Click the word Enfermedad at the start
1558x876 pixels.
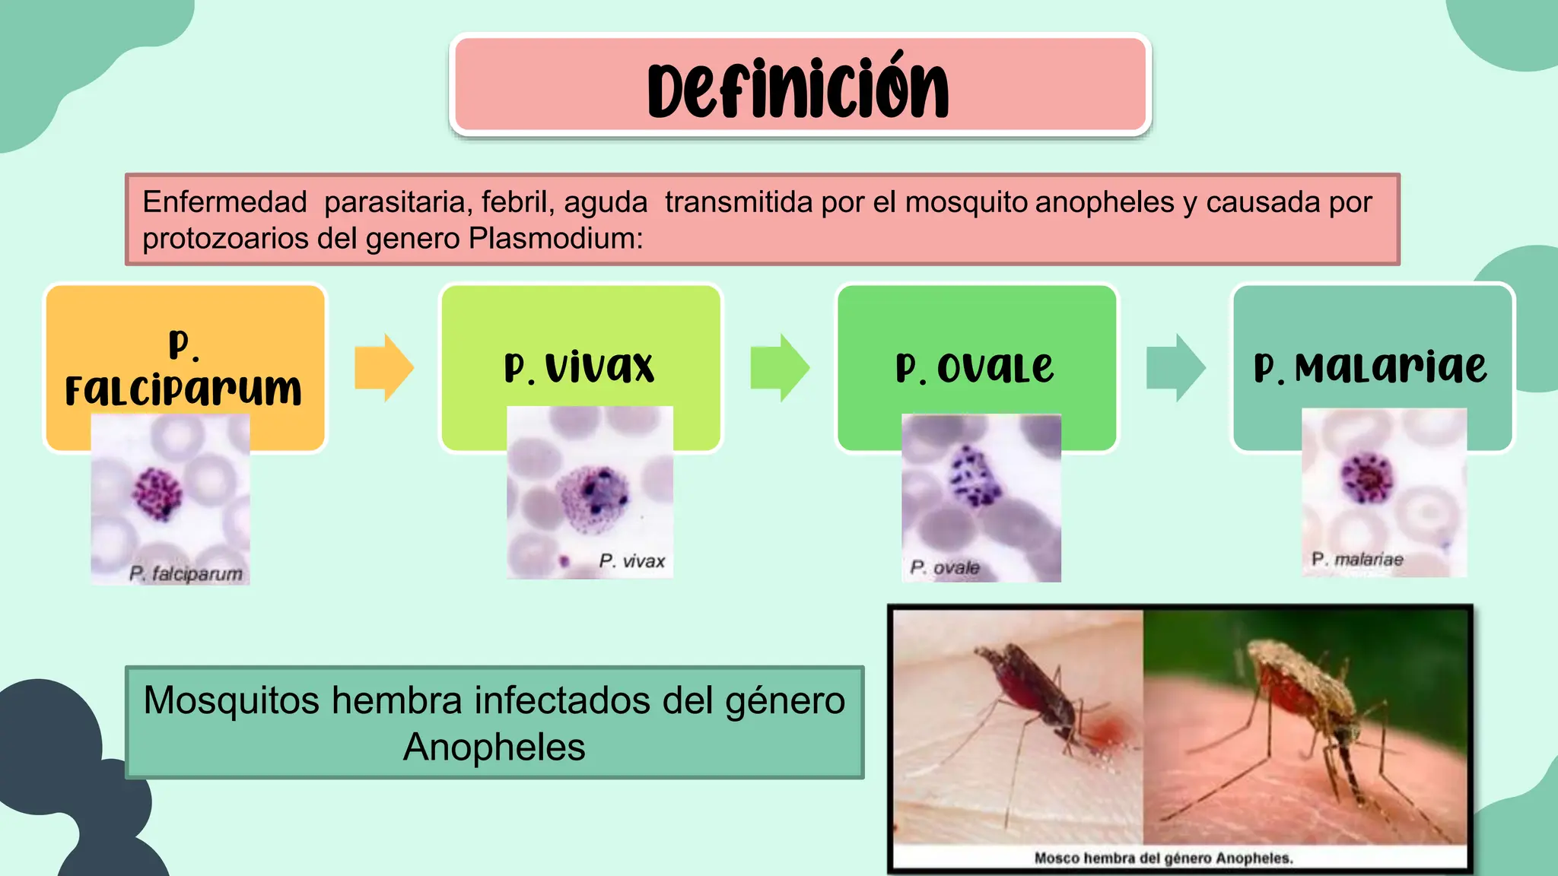click(x=224, y=202)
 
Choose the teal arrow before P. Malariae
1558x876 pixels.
click(x=1175, y=367)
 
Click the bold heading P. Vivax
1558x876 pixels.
click(x=580, y=368)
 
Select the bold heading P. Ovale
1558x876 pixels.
click(x=975, y=368)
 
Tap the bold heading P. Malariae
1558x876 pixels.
click(x=1370, y=368)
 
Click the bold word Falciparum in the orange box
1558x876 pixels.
click(x=183, y=390)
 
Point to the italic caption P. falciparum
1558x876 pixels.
click(x=186, y=573)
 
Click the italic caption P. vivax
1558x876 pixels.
click(x=631, y=561)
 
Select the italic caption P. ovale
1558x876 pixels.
click(x=945, y=568)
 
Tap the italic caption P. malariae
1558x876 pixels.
click(x=1357, y=560)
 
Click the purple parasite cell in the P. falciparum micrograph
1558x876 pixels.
click(x=157, y=493)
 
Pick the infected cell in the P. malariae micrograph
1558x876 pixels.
click(x=1366, y=478)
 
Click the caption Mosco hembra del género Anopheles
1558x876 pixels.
click(x=1163, y=859)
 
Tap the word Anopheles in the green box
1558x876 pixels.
click(x=494, y=747)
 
